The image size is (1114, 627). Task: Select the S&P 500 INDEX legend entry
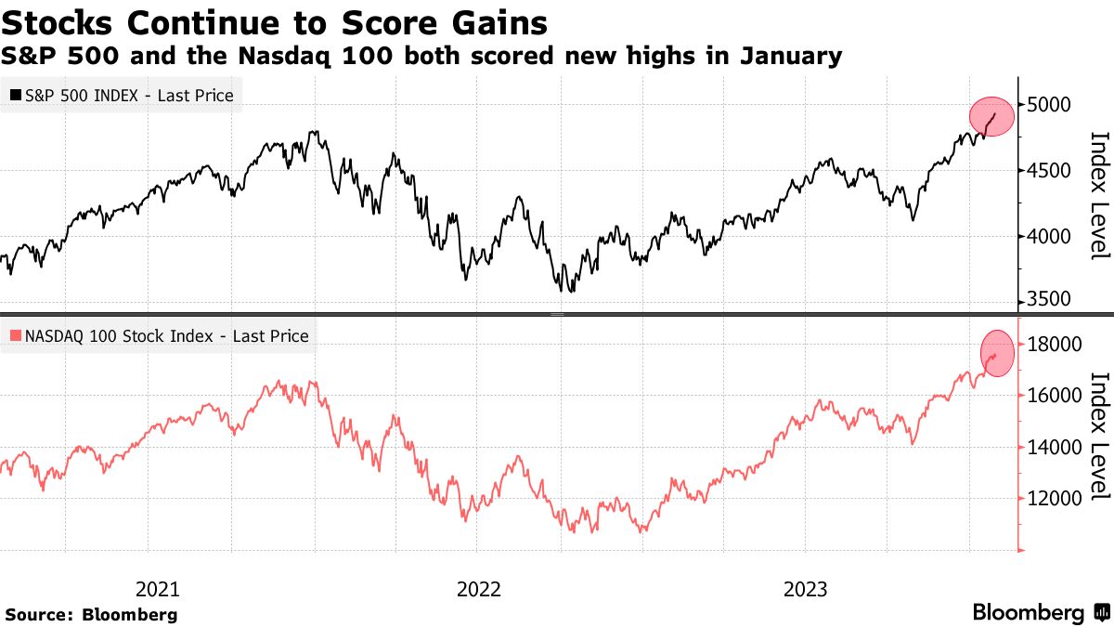122,95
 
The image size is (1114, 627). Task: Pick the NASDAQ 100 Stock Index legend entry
158,336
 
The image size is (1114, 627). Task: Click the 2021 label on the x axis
158,589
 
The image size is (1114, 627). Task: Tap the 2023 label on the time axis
807,589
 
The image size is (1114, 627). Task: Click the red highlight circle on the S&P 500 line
992,116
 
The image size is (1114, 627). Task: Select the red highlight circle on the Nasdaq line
997,354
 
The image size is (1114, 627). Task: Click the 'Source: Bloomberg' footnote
91,615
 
